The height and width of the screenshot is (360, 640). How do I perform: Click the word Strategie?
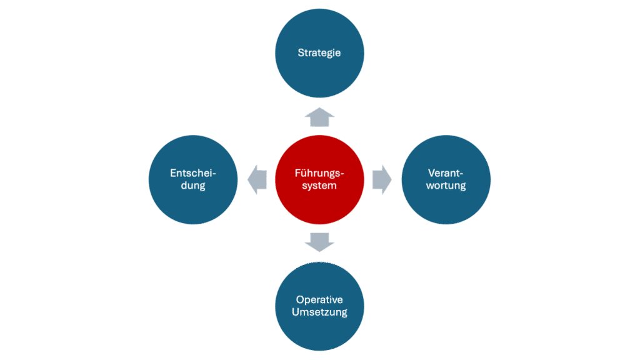coord(319,52)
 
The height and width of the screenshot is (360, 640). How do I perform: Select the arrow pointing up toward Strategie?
coord(319,116)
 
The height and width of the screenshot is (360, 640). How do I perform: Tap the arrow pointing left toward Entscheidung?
coord(257,179)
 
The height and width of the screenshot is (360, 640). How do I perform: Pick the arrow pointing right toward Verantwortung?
coord(382,179)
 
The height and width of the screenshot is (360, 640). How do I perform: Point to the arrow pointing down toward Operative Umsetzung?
coord(319,241)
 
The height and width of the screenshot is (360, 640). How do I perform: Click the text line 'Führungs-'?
coord(319,173)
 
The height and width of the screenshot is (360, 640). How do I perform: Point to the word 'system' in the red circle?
coord(319,186)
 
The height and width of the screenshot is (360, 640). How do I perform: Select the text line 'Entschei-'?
coord(193,173)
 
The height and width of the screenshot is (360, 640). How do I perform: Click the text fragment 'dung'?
coord(193,186)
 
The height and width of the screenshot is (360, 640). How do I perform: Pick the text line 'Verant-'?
coord(446,173)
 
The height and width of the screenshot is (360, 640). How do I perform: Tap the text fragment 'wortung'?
coord(446,186)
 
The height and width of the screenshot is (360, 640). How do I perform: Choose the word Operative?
coord(319,299)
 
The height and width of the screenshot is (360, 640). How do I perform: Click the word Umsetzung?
coord(319,312)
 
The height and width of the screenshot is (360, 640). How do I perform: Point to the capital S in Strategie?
coord(301,52)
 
